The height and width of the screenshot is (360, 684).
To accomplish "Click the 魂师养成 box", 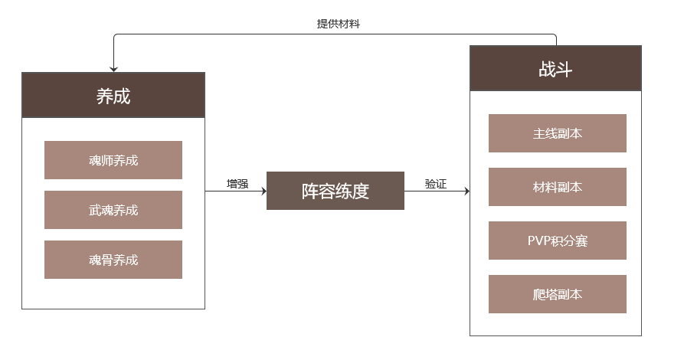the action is coord(113,160).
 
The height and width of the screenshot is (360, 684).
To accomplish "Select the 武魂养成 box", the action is coord(113,210).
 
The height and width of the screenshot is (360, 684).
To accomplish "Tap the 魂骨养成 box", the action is coord(113,260).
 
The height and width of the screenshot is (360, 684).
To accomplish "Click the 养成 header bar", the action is coord(113,95).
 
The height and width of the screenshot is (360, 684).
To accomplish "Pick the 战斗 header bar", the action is coord(555,69).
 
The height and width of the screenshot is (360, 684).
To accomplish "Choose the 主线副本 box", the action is coord(558,133).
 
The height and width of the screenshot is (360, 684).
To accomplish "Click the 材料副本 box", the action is coord(558,187).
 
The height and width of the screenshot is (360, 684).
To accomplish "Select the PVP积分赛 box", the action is coord(558,241).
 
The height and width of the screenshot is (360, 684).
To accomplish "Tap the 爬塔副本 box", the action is coord(558,294).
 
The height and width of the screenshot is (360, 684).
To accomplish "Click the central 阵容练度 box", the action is coord(335,191).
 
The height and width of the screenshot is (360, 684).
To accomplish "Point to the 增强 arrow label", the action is coord(237,184).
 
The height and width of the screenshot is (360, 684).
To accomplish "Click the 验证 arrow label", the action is coord(435,184).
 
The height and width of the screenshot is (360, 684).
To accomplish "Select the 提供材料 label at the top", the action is coord(339,24).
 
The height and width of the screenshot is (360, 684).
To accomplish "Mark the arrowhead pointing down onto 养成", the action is coord(113,69).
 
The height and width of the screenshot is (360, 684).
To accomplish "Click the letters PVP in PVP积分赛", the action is coord(539,241).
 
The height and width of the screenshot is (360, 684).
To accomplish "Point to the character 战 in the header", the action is coord(547,69).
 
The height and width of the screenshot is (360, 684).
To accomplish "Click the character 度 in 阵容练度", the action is coord(361,191).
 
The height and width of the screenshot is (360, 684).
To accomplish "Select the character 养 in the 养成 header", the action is coord(105,96).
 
